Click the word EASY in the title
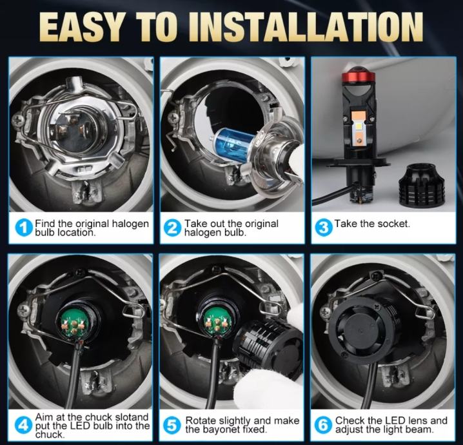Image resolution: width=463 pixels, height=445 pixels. click(81, 28)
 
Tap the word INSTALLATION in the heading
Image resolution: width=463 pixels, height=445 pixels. click(310, 28)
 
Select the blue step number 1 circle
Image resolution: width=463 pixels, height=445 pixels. click(24, 228)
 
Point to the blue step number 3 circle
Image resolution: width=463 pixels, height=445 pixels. click(324, 228)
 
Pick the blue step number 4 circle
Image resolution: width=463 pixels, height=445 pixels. click(24, 426)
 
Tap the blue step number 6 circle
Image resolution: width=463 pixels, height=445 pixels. click(324, 426)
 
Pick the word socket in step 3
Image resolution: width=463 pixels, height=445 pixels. click(393, 224)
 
